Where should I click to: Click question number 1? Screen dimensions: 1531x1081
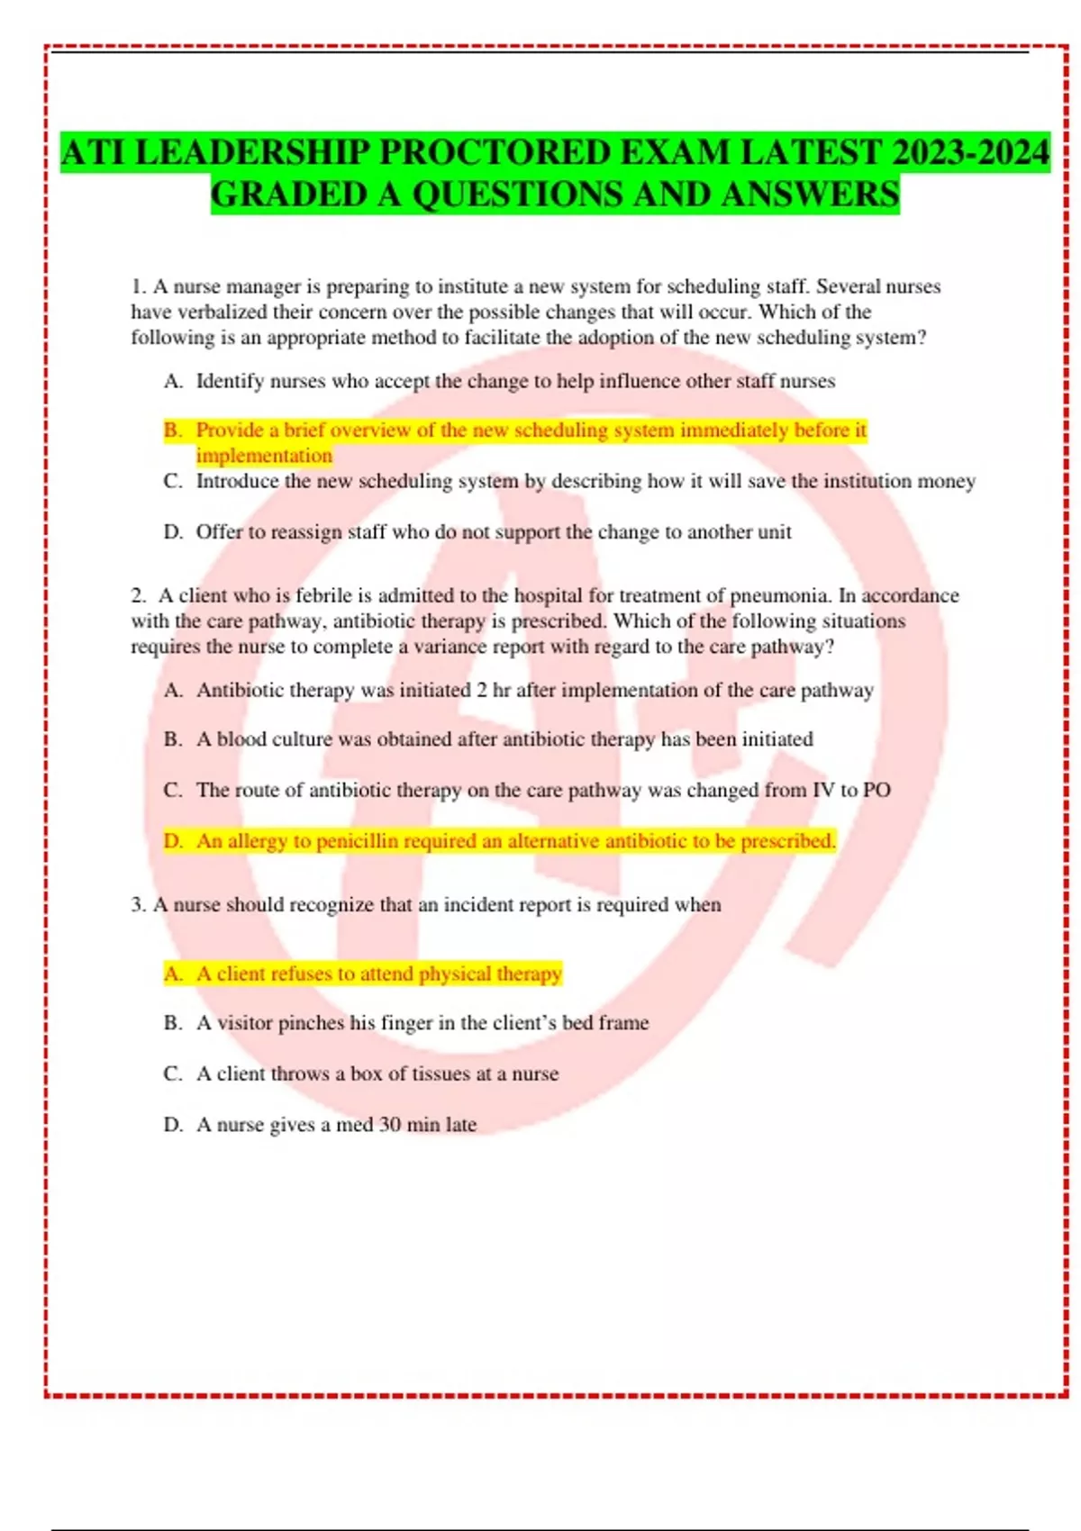(x=138, y=286)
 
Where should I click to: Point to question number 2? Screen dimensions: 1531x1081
(x=138, y=595)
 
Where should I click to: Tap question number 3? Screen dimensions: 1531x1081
(x=138, y=904)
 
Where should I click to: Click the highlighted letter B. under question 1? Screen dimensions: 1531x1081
(x=173, y=430)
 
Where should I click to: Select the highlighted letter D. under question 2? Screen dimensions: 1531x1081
(x=173, y=841)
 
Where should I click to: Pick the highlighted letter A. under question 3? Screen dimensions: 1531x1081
(x=173, y=974)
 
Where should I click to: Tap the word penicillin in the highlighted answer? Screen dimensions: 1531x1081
(x=357, y=841)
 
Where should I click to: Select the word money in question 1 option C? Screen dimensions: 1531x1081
(x=946, y=481)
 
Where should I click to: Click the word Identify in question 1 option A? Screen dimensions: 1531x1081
(x=230, y=381)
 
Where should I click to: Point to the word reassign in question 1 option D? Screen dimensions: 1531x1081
(x=305, y=532)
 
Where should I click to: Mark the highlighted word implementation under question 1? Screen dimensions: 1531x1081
(x=264, y=456)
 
